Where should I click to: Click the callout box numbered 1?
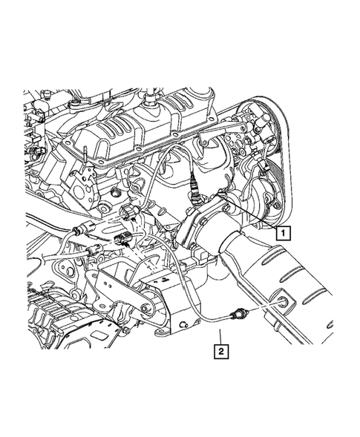283,232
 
